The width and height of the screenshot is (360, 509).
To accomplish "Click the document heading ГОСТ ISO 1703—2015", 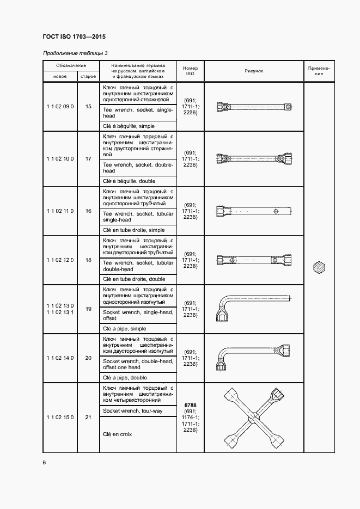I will point(74,37).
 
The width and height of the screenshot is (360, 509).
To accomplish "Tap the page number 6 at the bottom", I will point(44,463).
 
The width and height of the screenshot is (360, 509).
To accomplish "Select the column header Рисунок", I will point(253,71).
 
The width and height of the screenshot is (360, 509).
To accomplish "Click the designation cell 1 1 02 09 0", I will point(60,107).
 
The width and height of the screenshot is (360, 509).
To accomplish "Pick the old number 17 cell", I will point(88,158).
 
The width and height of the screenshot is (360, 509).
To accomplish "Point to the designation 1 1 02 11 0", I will point(60,211).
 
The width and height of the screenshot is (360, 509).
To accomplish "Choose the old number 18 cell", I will point(88,260).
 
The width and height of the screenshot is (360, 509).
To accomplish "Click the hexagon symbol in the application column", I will point(319,268).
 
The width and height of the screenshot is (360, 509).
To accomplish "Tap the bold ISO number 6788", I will point(190,405).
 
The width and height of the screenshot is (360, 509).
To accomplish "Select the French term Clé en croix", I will point(117,434).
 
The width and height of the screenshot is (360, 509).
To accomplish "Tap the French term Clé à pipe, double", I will point(125,377).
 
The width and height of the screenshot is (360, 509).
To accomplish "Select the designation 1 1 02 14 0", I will point(60,358).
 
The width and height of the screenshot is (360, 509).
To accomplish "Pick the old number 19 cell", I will point(88,309).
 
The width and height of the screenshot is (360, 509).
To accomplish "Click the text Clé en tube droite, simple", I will point(133,230).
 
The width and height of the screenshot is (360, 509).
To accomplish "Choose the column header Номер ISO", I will point(190,71).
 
